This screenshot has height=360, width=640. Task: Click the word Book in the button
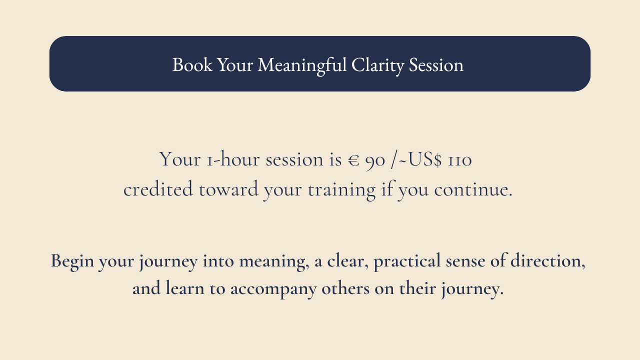(x=192, y=64)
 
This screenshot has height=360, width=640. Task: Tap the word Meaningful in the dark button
(x=302, y=65)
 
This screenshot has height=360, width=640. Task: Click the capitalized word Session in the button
(x=436, y=65)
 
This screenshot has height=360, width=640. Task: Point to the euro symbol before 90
(x=353, y=160)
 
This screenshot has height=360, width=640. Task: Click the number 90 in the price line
(x=375, y=161)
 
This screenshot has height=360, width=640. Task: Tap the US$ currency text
(x=425, y=159)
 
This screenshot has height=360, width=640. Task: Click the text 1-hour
(x=232, y=159)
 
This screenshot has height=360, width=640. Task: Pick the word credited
(x=158, y=189)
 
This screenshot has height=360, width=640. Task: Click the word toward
(x=228, y=189)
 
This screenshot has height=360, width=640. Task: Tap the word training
(x=341, y=190)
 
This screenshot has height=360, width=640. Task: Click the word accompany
(x=273, y=289)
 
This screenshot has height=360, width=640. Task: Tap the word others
(x=345, y=287)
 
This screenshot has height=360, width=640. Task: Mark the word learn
(x=185, y=287)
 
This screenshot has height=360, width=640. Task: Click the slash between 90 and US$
(x=394, y=160)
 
